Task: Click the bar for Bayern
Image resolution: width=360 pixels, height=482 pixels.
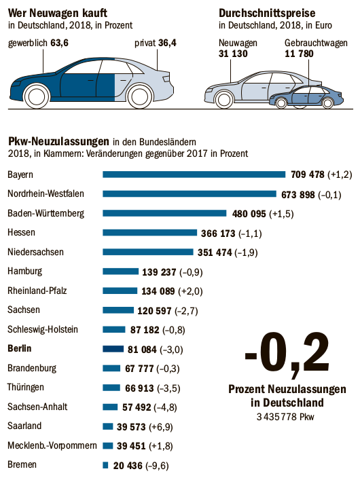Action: [194, 174]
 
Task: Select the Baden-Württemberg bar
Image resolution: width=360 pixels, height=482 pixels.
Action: [164, 213]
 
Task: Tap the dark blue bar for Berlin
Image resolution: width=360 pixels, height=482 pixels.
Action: [113, 349]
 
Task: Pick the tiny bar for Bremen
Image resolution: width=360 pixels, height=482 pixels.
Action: [105, 466]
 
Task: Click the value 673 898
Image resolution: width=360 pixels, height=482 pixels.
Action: [298, 195]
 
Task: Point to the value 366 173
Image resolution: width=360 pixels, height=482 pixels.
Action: [218, 234]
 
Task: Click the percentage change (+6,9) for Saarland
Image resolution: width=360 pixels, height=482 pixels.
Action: [160, 427]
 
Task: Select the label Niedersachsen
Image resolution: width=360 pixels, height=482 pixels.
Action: [36, 252]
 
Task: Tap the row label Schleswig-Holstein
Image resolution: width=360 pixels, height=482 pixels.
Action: [43, 329]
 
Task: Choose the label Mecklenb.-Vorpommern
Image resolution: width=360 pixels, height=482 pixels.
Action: [52, 446]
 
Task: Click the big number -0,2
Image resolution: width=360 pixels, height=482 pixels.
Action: [287, 354]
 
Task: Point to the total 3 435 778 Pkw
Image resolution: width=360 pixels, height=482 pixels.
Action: [285, 417]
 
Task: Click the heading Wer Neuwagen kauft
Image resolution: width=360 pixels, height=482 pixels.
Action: [58, 13]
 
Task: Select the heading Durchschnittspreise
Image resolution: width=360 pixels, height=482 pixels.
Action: [267, 13]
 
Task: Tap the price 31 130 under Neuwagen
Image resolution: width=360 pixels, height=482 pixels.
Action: [233, 54]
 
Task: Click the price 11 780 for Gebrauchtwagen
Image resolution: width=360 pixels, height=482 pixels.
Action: [299, 54]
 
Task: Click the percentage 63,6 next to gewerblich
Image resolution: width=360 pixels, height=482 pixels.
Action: [59, 43]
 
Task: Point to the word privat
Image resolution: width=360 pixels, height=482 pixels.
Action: [145, 43]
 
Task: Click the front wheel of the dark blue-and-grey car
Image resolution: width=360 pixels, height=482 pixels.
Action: [37, 96]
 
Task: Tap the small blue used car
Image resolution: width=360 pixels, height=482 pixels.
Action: [306, 96]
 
